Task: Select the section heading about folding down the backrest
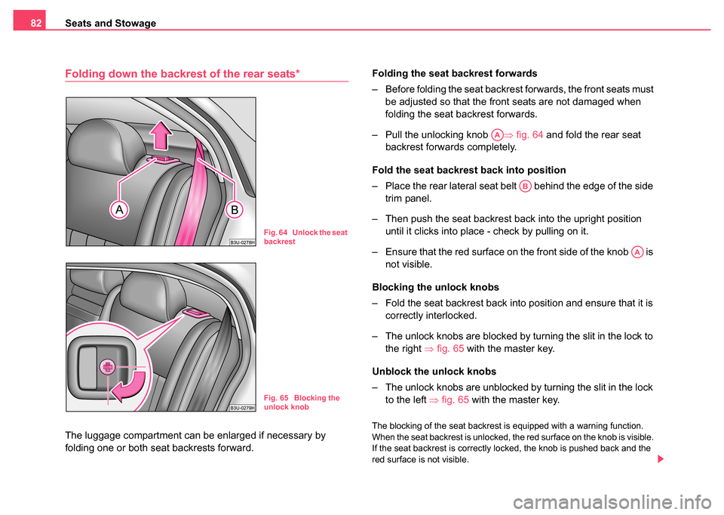click(183, 73)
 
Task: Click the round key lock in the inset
click(108, 368)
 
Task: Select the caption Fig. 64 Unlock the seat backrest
click(305, 237)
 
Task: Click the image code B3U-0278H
click(241, 242)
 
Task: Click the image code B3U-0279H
click(241, 407)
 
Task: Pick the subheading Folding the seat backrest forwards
click(454, 73)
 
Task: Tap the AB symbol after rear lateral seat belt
click(525, 185)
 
